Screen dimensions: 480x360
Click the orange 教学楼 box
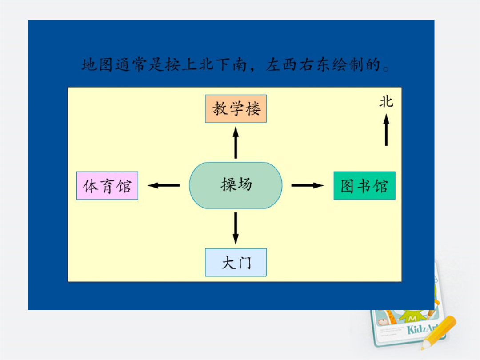[236, 109]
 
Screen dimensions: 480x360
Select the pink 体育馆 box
[107, 185]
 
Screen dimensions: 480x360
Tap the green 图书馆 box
[364, 185]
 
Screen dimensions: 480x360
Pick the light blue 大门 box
[236, 262]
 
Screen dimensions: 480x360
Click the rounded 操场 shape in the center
[236, 185]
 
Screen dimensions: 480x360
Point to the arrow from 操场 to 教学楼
[236, 143]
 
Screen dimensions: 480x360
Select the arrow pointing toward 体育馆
[164, 185]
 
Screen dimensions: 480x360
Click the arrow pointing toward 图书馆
[308, 185]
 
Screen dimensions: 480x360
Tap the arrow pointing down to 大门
[236, 228]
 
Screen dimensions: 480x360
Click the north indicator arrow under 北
[386, 130]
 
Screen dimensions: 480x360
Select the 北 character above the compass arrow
[386, 102]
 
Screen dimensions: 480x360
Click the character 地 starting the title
[89, 65]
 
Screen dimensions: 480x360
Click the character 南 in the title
[239, 64]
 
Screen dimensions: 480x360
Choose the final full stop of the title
[386, 69]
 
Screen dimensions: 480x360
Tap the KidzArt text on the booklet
[423, 329]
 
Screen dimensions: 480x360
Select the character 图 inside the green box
[347, 186]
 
